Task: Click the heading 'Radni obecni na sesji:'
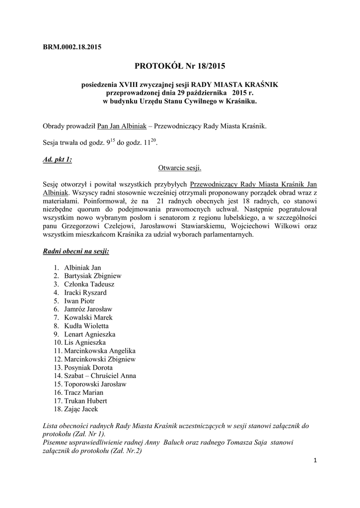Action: [76, 252]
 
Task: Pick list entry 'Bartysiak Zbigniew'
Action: [92, 276]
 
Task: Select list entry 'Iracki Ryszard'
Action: [85, 293]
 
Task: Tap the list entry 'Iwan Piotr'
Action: [79, 301]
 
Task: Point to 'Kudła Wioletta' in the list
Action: [86, 326]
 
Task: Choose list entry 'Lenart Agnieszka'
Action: [89, 334]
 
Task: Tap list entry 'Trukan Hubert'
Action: [85, 401]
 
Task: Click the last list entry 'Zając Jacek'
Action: [81, 409]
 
